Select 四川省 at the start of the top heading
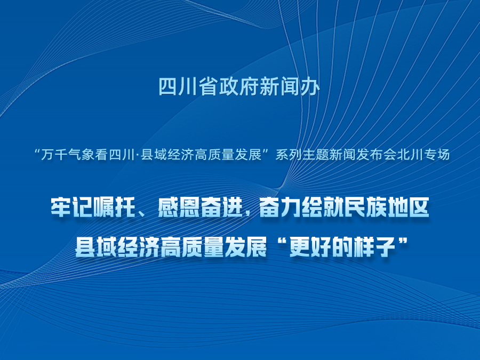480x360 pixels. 188,87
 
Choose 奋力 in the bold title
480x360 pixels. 280,207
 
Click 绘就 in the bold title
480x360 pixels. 323,207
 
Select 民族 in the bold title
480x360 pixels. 366,207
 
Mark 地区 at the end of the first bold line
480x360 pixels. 409,207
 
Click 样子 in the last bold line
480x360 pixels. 375,247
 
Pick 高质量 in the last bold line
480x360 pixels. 193,247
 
